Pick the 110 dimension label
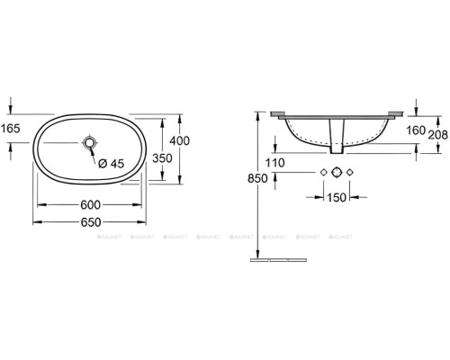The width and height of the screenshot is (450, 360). pos(275,163)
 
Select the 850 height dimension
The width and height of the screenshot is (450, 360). pos(258,179)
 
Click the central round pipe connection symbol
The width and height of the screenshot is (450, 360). pos(337,172)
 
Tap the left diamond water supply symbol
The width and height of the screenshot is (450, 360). pos(322,172)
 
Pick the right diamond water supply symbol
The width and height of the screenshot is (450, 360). pos(353,172)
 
